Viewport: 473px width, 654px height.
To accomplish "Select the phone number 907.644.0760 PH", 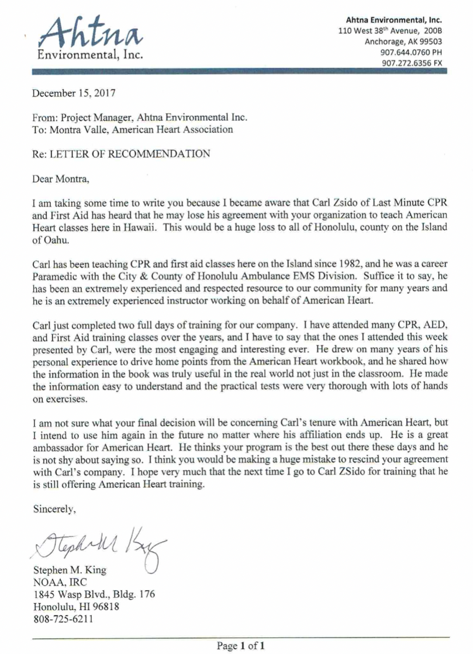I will coord(410,51).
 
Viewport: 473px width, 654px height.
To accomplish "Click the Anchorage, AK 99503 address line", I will coord(403,41).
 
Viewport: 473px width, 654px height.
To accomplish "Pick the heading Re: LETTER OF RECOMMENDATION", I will coord(121,155).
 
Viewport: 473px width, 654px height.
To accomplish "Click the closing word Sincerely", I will coord(54,508).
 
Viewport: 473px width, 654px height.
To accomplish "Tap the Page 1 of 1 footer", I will coord(241,646).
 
